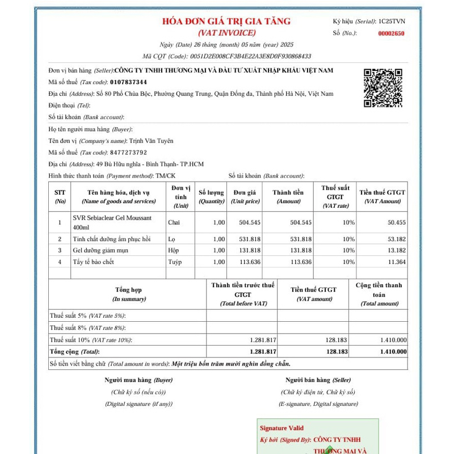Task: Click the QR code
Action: pyautogui.click(x=383, y=87)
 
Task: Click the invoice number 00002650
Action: pyautogui.click(x=391, y=33)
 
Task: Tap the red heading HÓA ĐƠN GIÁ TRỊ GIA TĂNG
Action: pyautogui.click(x=226, y=22)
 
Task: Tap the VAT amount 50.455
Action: pyautogui.click(x=396, y=222)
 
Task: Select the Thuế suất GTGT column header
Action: pyautogui.click(x=335, y=196)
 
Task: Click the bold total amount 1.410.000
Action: pyautogui.click(x=393, y=352)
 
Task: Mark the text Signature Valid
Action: pyautogui.click(x=281, y=428)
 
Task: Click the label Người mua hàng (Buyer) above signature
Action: pyautogui.click(x=138, y=380)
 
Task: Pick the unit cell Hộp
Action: pyautogui.click(x=174, y=250)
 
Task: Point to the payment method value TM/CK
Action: pyautogui.click(x=166, y=176)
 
